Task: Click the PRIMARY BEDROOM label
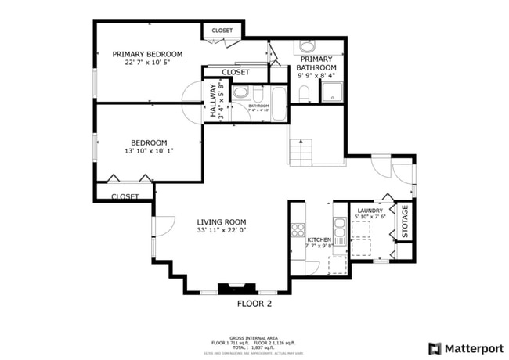pyautogui.click(x=147, y=54)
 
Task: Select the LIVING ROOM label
pyautogui.click(x=222, y=221)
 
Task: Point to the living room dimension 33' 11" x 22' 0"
pyautogui.click(x=222, y=231)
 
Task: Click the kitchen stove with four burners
pyautogui.click(x=298, y=230)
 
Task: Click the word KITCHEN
pyautogui.click(x=319, y=239)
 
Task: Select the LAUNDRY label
pyautogui.click(x=370, y=211)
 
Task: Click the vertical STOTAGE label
pyautogui.click(x=405, y=221)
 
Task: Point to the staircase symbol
pyautogui.click(x=301, y=151)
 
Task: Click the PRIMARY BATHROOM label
pyautogui.click(x=316, y=63)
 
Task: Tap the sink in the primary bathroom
pyautogui.click(x=306, y=46)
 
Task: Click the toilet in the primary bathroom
pyautogui.click(x=305, y=95)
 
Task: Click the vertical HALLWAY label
pyautogui.click(x=211, y=100)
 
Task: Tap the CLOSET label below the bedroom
pyautogui.click(x=125, y=196)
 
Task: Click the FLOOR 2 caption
pyautogui.click(x=254, y=303)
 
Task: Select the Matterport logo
pyautogui.click(x=465, y=348)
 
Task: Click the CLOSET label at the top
pyautogui.click(x=222, y=31)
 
